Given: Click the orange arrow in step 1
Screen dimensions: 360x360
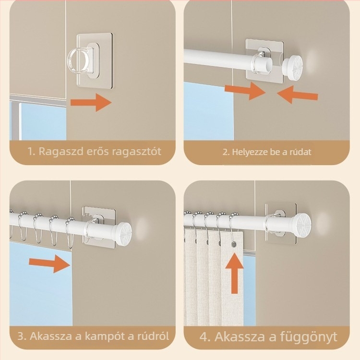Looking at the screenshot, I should (91, 102).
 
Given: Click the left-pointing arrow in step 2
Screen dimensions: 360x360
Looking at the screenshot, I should (298, 94).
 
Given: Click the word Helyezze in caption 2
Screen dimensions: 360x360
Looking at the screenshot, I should (248, 152).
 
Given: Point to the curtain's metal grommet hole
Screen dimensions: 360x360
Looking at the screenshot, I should (234, 245).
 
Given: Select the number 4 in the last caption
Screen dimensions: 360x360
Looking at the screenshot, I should (205, 336).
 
